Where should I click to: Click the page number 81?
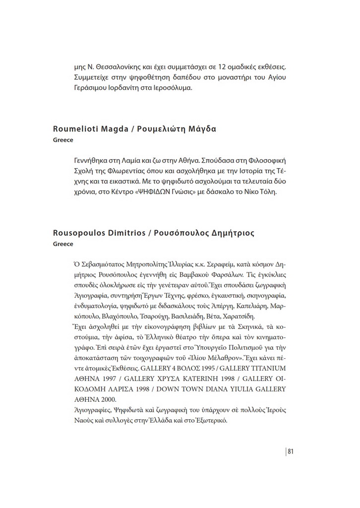[291, 451]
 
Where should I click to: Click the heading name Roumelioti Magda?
[87, 129]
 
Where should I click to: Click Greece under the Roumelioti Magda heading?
[63, 140]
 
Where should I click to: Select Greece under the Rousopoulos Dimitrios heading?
[63, 244]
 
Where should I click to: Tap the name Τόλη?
[265, 192]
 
